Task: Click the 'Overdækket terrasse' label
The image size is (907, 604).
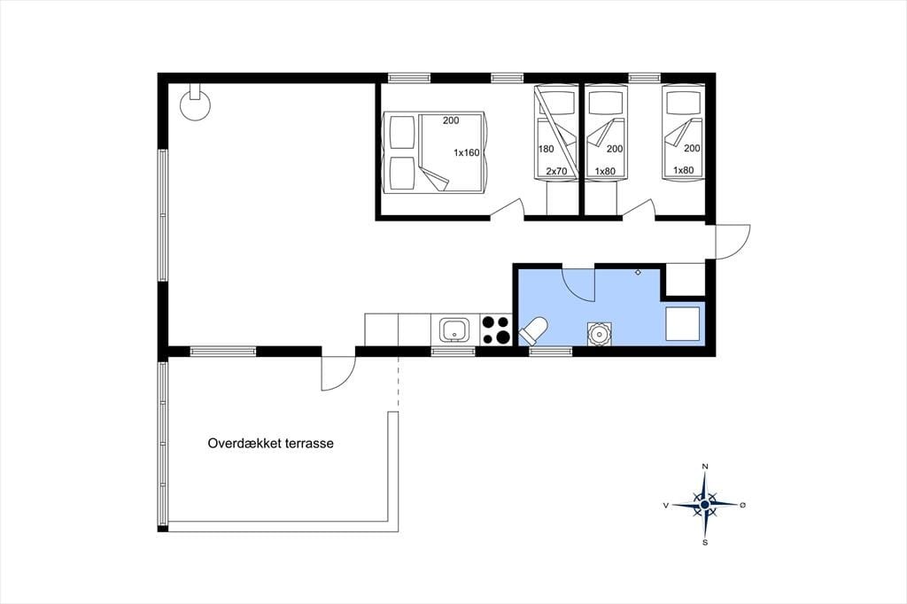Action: [271, 444]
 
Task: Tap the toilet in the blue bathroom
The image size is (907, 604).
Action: [533, 331]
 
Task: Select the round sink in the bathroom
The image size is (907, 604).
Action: [599, 334]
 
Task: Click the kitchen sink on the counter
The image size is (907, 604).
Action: [454, 330]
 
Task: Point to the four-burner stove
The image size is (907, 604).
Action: [496, 329]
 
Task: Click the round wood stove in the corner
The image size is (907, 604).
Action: [195, 105]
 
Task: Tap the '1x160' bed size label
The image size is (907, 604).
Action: [466, 152]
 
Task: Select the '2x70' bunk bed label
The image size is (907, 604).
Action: [556, 171]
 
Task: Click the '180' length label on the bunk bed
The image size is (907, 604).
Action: [546, 149]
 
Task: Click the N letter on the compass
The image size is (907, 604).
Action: [704, 466]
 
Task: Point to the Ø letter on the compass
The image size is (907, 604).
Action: [743, 505]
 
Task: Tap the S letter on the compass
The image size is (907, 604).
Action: [704, 543]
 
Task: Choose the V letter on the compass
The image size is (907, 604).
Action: [666, 505]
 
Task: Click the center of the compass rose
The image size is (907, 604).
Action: [704, 505]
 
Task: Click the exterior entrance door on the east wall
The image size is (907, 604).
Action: [733, 242]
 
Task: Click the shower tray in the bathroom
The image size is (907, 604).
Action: [683, 324]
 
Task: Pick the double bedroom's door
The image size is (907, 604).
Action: [508, 209]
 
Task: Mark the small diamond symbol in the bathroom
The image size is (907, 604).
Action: [638, 272]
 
